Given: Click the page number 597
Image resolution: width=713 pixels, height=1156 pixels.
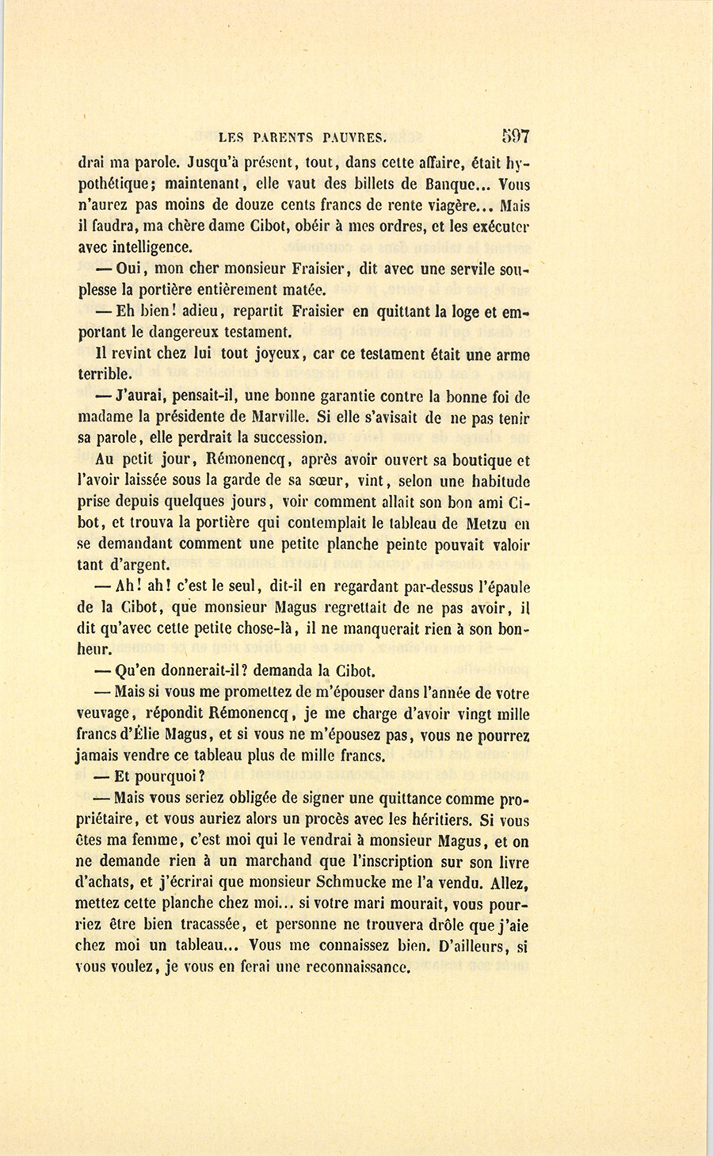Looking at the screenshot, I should tap(515, 135).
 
